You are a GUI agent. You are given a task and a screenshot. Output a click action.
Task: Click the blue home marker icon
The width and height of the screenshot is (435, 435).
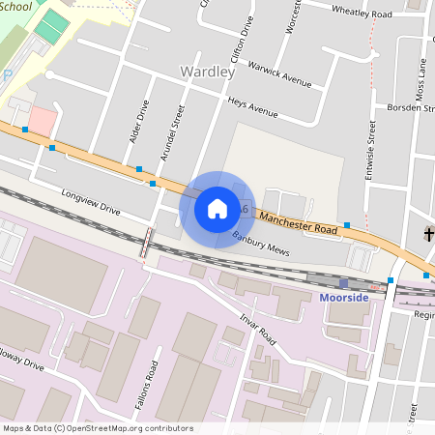[x=217, y=209]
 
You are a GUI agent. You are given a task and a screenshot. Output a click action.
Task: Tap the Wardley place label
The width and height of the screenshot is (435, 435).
[x=207, y=72]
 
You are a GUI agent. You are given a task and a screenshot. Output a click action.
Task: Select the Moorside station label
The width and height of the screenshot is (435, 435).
[x=344, y=297]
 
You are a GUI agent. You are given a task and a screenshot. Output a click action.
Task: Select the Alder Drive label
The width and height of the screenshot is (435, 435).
[x=137, y=122]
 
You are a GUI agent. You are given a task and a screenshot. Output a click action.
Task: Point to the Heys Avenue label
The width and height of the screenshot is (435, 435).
[x=252, y=107]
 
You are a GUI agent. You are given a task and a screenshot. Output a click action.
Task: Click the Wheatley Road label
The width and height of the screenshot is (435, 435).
[x=362, y=14]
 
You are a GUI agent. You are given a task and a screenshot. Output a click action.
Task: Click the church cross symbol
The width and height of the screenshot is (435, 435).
[x=430, y=235]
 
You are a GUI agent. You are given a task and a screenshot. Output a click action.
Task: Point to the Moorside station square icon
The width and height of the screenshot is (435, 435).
[x=343, y=282]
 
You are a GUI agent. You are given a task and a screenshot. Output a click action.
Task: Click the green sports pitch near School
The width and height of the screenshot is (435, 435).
[x=53, y=26]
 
